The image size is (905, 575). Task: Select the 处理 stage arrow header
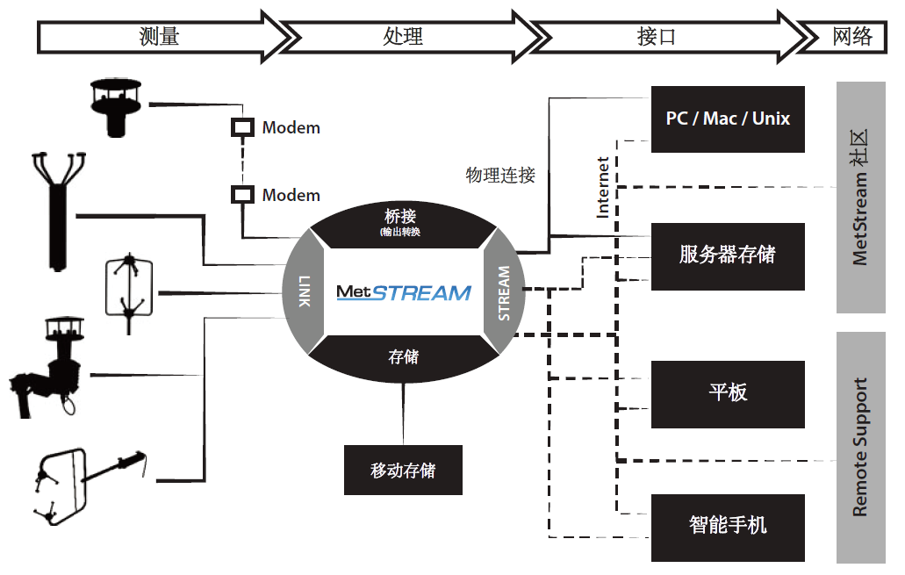pyautogui.click(x=404, y=36)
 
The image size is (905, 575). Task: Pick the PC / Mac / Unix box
pyautogui.click(x=728, y=119)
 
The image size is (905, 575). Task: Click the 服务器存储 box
pyautogui.click(x=728, y=255)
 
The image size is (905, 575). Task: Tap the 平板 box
pyautogui.click(x=728, y=393)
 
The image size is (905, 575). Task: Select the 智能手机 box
pyautogui.click(x=728, y=528)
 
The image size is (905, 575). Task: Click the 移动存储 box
pyautogui.click(x=403, y=471)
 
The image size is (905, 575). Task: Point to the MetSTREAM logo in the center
pyautogui.click(x=404, y=291)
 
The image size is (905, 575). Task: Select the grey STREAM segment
pyautogui.click(x=503, y=292)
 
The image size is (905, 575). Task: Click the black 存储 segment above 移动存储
pyautogui.click(x=404, y=358)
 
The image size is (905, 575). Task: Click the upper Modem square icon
pyautogui.click(x=241, y=127)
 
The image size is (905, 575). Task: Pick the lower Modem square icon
pyautogui.click(x=241, y=195)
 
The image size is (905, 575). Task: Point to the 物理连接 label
pyautogui.click(x=499, y=176)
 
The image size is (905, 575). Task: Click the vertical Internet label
pyautogui.click(x=603, y=186)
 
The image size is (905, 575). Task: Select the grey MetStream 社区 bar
pyautogui.click(x=860, y=198)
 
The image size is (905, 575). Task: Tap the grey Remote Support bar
pyautogui.click(x=860, y=447)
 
